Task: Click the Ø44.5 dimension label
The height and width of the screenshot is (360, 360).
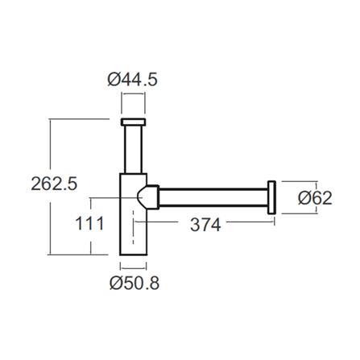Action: [133, 80]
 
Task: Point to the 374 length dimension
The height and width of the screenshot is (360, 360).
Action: [205, 226]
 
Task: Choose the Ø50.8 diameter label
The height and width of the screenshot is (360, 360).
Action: [133, 283]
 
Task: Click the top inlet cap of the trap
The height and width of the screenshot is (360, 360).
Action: [133, 122]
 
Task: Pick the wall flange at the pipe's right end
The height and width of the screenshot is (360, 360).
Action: [273, 198]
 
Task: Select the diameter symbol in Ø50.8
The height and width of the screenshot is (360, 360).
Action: [114, 283]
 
